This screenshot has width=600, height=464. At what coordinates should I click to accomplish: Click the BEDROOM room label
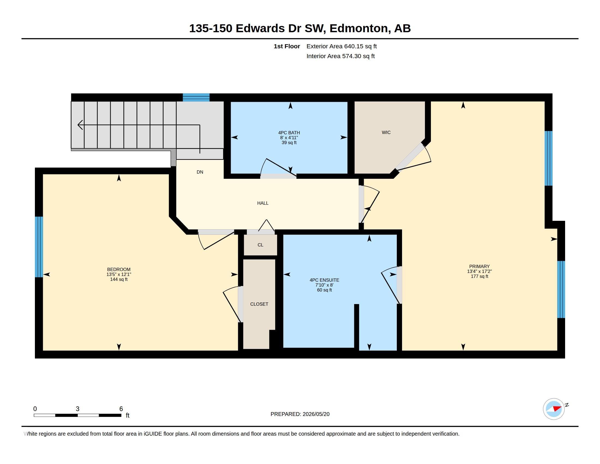pos(119,269)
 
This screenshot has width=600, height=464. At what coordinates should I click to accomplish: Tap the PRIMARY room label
pos(479,266)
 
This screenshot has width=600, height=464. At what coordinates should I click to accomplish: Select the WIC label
pos(386,132)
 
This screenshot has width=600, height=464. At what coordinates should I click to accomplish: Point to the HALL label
pos(263,203)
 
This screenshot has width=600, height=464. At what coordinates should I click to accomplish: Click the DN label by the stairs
pos(200,172)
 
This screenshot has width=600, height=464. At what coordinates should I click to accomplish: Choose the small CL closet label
pos(260,245)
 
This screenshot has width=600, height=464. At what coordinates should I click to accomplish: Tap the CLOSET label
pos(259,304)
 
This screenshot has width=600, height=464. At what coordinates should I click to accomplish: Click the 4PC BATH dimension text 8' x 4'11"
pos(289,138)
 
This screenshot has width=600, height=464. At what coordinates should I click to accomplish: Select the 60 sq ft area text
pos(325,290)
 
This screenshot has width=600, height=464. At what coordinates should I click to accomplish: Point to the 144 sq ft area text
pos(119,279)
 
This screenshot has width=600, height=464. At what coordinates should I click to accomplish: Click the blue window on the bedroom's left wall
pos(39,247)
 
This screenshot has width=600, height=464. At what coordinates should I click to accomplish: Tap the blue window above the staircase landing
pos(196,97)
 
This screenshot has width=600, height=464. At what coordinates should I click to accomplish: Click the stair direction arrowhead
pos(80,125)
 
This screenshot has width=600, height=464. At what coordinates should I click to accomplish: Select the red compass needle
pos(557,408)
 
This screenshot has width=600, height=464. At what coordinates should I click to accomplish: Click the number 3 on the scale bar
pos(77,409)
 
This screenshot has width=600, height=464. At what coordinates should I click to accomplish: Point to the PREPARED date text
pos(300,414)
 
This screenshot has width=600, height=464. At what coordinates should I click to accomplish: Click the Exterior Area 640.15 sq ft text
pos(341,46)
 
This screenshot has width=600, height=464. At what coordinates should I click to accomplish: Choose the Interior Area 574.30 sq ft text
pos(340,56)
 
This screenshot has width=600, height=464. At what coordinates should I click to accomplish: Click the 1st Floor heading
pos(287,46)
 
